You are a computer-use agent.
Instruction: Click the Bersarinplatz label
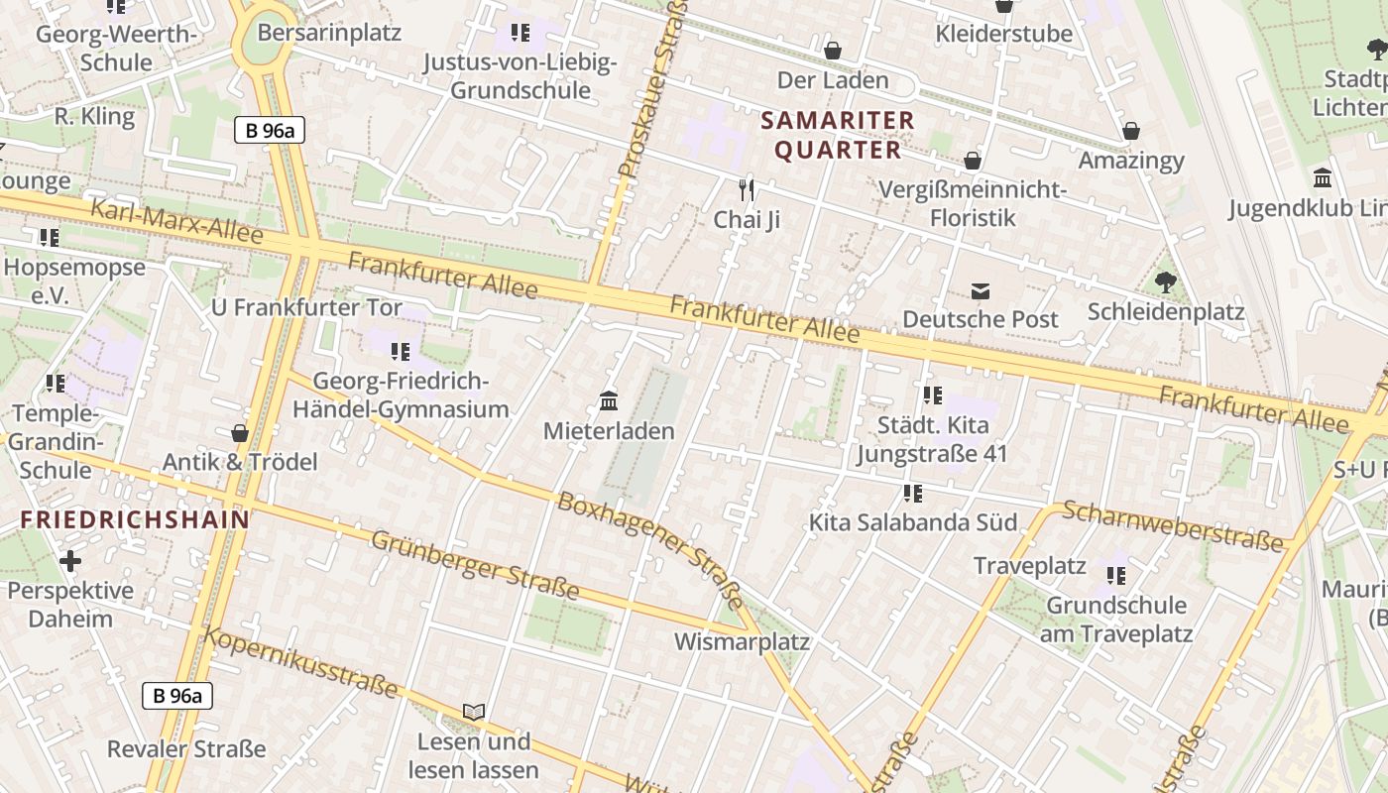(x=329, y=33)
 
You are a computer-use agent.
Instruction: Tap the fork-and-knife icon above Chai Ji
(x=748, y=188)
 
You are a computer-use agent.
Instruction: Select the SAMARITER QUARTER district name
(x=838, y=136)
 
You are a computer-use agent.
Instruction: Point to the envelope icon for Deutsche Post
(x=981, y=290)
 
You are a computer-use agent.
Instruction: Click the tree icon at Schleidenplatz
(x=1166, y=283)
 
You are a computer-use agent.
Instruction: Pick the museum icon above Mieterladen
(x=609, y=401)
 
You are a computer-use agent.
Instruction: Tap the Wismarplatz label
(x=742, y=641)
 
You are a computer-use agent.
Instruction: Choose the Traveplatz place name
(x=1029, y=566)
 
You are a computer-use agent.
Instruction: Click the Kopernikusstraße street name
(x=301, y=662)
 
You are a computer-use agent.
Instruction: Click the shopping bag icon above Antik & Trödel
(x=239, y=433)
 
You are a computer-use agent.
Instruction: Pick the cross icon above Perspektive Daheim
(x=70, y=562)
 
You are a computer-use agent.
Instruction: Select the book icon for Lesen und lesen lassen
(x=474, y=712)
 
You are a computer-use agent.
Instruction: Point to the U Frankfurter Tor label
(x=306, y=307)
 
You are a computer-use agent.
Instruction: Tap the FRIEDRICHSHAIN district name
(x=135, y=519)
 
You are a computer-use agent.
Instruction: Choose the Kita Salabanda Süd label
(x=912, y=522)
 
